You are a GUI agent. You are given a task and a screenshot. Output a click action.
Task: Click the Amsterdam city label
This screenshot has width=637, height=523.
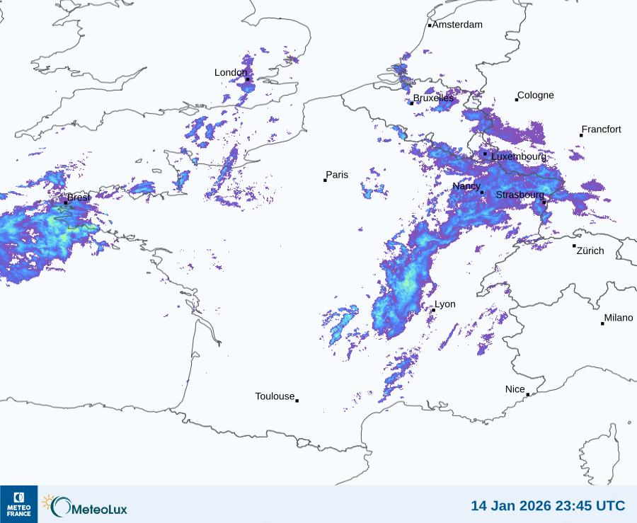(457, 25)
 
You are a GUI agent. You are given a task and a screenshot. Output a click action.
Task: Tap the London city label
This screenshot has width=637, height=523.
(231, 72)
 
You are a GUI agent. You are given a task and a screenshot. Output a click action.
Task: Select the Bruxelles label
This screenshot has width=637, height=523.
(433, 98)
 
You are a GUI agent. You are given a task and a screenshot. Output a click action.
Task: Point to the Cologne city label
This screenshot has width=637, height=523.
(536, 96)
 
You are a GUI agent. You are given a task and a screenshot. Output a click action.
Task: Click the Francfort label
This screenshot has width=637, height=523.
(602, 130)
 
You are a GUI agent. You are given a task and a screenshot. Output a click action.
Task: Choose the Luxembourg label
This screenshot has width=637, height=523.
(519, 156)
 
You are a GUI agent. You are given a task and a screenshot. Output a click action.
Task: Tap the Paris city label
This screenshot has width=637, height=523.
(337, 175)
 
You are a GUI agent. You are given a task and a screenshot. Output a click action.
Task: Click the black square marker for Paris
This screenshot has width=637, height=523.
(325, 180)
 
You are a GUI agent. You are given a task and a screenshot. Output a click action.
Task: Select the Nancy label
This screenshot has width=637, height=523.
(466, 186)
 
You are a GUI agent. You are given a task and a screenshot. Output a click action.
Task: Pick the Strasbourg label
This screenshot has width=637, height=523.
(520, 195)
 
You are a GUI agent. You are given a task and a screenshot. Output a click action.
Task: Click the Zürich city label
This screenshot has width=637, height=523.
(590, 251)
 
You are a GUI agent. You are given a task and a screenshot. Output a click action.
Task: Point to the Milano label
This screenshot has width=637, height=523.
(619, 318)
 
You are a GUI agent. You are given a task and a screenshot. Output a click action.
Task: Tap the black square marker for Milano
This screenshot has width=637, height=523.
(603, 323)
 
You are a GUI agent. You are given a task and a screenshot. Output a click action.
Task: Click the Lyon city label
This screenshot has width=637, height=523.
(445, 304)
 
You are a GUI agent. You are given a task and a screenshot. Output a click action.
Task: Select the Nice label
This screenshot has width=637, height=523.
(515, 389)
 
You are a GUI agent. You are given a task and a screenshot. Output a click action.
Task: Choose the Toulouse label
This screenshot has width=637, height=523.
(275, 396)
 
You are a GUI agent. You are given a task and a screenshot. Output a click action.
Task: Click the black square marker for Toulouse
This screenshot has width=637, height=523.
(297, 401)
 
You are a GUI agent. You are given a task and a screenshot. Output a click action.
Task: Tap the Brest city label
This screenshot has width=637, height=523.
(79, 197)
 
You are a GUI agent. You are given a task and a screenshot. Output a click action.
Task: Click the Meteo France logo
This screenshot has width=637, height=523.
(18, 503)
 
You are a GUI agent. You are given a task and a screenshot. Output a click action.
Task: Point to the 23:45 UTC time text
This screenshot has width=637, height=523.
(590, 506)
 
